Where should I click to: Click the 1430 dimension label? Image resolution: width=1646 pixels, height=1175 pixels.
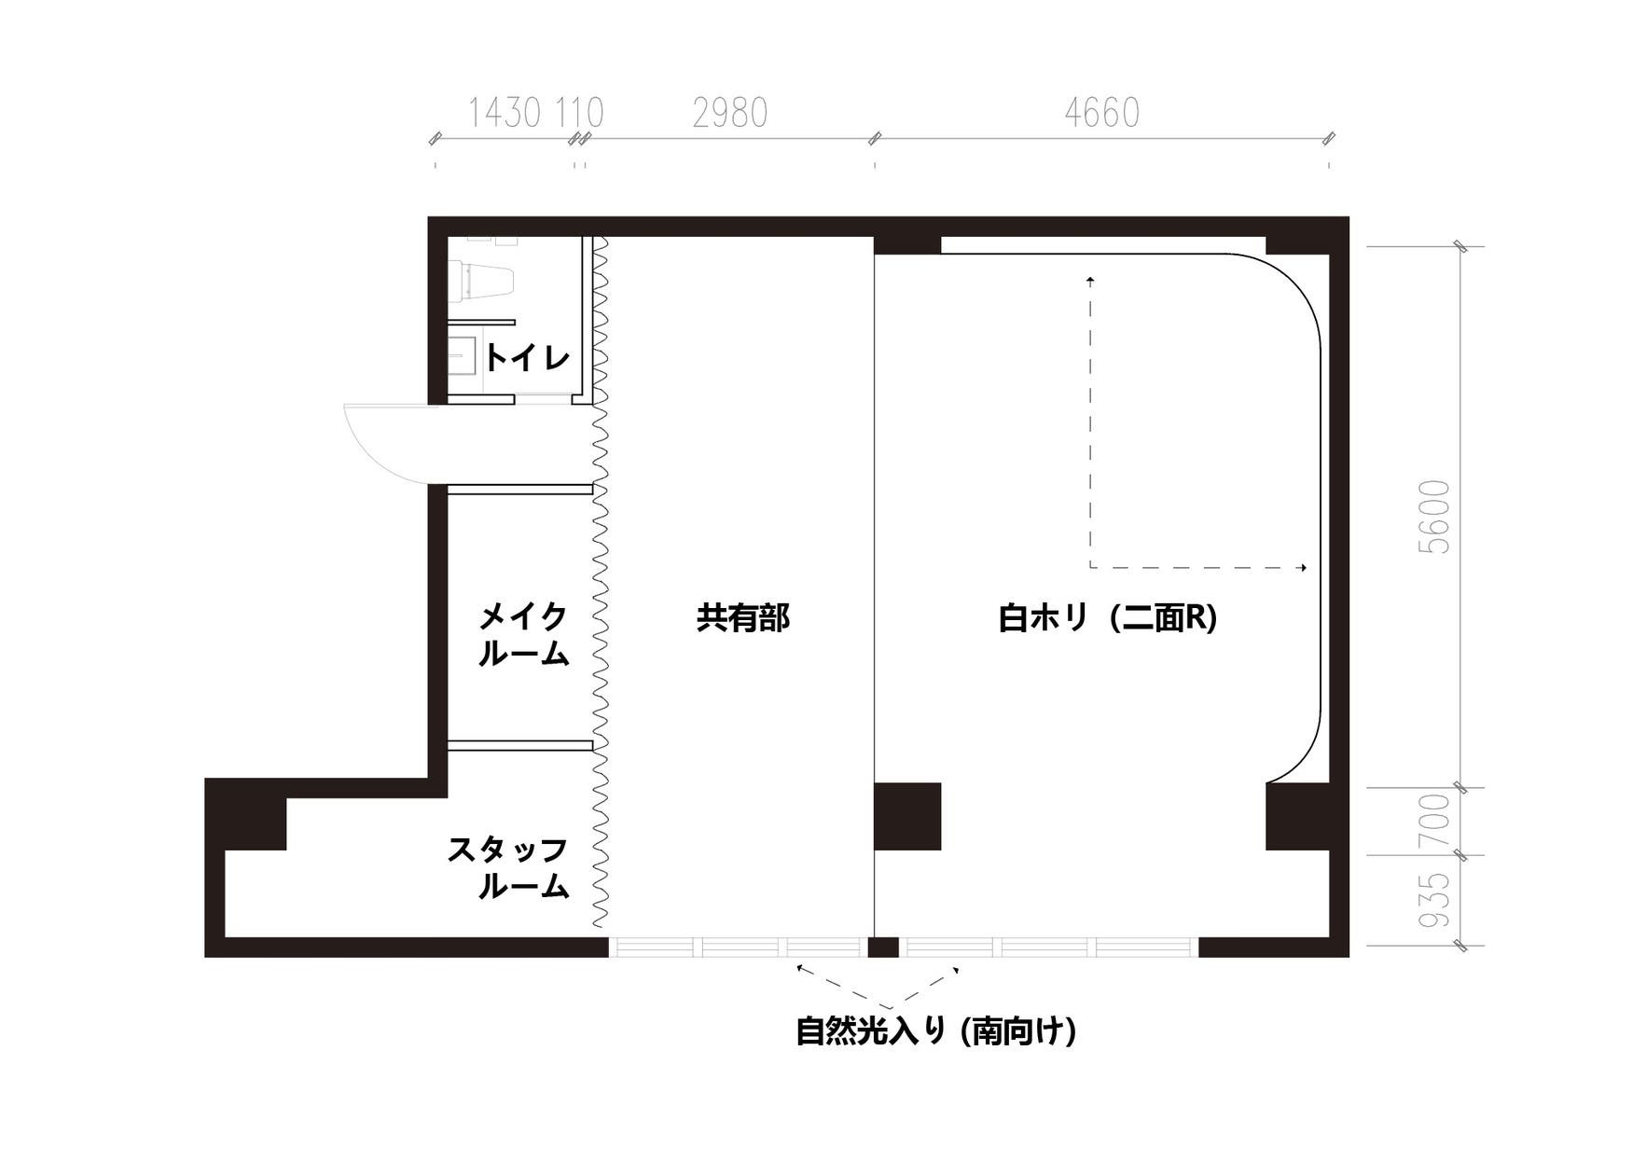pyautogui.click(x=504, y=114)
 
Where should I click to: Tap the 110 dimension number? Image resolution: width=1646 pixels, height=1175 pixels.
pyautogui.click(x=580, y=114)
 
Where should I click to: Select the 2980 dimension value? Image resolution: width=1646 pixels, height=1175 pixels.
pyautogui.click(x=730, y=114)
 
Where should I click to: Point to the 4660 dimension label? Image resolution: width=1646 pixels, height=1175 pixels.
pyautogui.click(x=1101, y=114)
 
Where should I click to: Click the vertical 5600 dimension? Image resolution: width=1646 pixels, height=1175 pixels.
pyautogui.click(x=1436, y=518)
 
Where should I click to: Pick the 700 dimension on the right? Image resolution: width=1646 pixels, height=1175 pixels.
pyautogui.click(x=1436, y=821)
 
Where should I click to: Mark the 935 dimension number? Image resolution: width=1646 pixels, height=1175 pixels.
pyautogui.click(x=1436, y=900)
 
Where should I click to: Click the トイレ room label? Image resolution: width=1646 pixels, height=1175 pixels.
pyautogui.click(x=527, y=357)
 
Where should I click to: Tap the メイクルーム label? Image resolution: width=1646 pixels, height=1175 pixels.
pyautogui.click(x=523, y=635)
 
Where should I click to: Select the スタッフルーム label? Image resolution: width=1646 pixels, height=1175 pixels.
pyautogui.click(x=509, y=868)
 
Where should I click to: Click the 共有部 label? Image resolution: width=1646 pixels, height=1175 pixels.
pyautogui.click(x=743, y=618)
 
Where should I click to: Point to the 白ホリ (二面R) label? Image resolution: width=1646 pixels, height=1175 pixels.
pyautogui.click(x=1108, y=618)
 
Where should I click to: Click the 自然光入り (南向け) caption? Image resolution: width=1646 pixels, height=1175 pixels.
pyautogui.click(x=935, y=1031)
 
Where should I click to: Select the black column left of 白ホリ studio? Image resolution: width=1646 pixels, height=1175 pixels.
pyautogui.click(x=907, y=816)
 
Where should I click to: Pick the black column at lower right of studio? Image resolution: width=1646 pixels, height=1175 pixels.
pyautogui.click(x=1296, y=816)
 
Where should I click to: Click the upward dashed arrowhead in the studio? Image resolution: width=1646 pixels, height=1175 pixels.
pyautogui.click(x=1090, y=279)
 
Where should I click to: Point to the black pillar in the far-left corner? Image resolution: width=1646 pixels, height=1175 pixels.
pyautogui.click(x=245, y=814)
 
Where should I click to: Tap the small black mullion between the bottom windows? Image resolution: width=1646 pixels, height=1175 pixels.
pyautogui.click(x=883, y=947)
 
